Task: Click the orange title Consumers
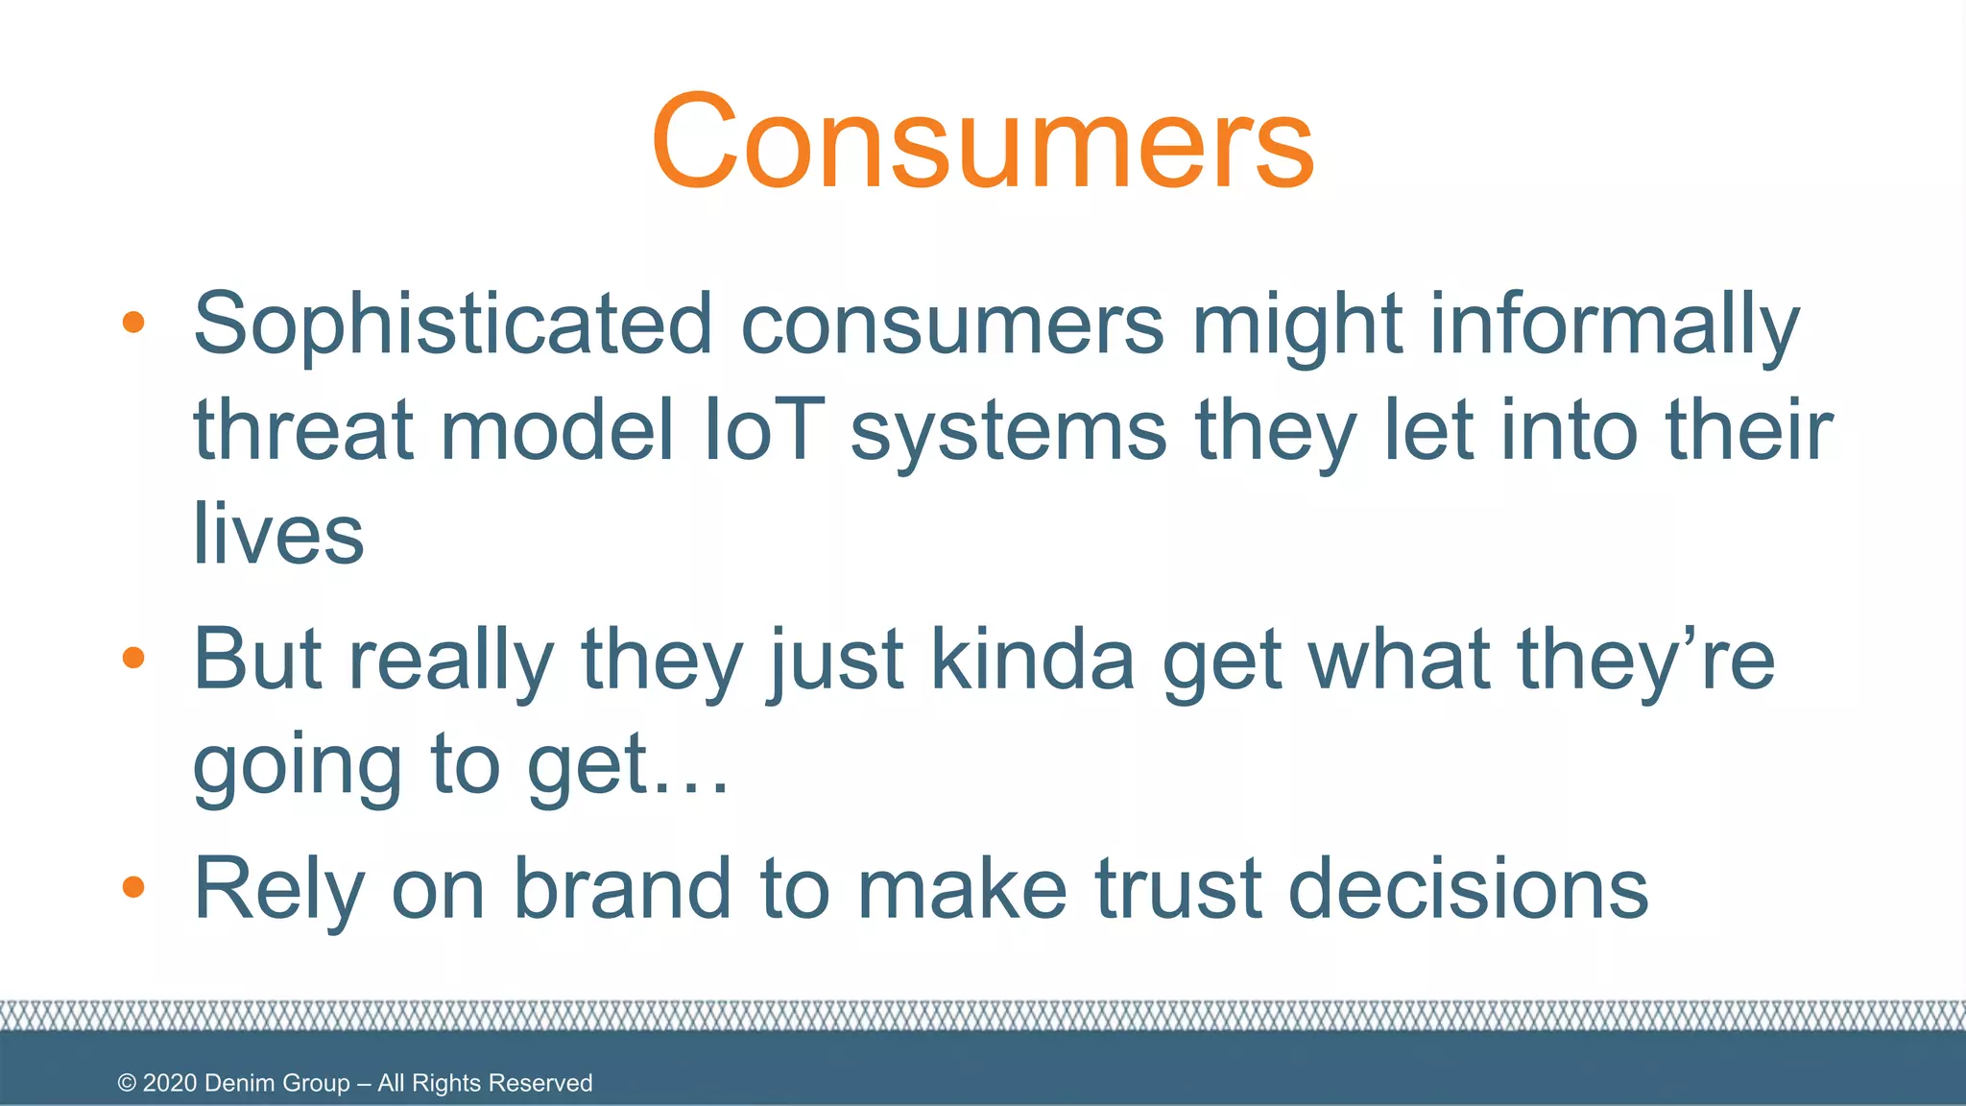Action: click(982, 141)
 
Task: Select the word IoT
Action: click(764, 430)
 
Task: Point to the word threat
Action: click(303, 430)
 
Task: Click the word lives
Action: click(278, 534)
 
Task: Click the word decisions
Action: click(1468, 889)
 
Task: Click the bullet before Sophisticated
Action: click(133, 324)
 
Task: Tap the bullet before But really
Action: click(133, 659)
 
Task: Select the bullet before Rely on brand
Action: click(133, 888)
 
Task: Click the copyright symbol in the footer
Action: click(127, 1083)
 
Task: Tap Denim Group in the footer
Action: click(277, 1083)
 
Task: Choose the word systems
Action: click(1009, 430)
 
